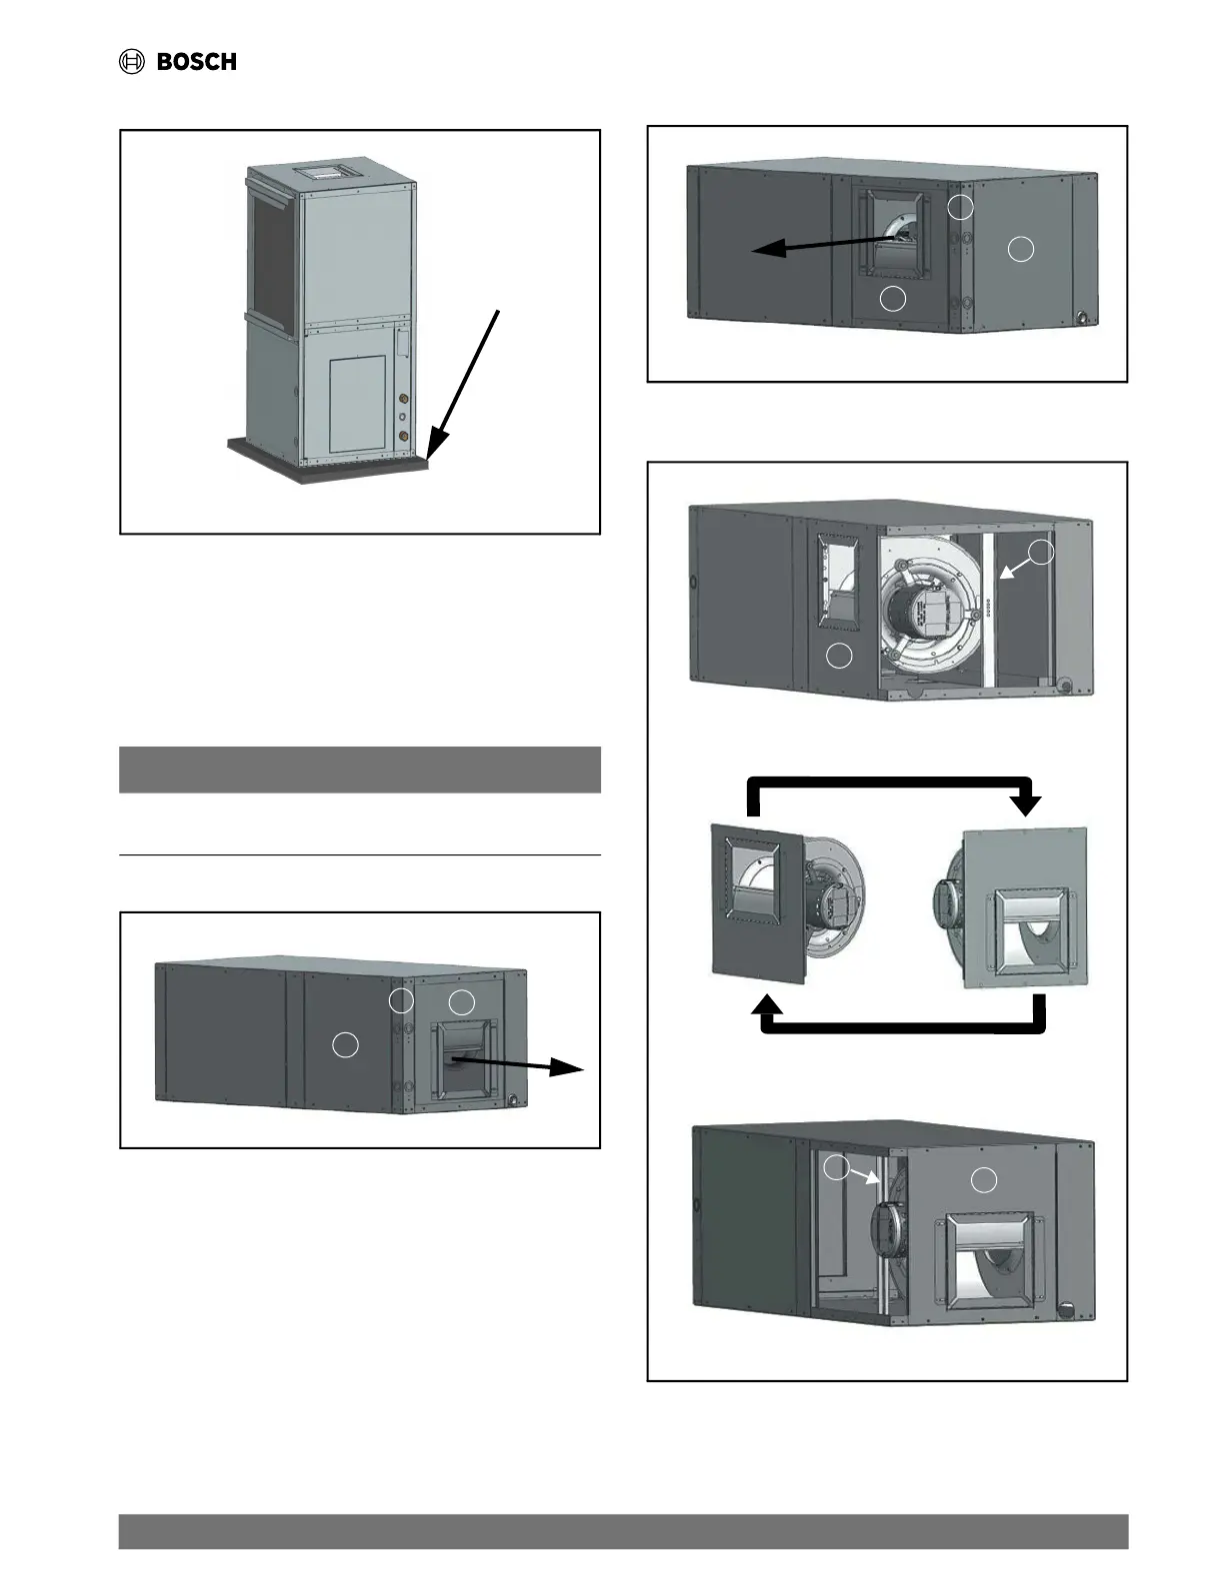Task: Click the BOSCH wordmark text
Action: [x=197, y=62]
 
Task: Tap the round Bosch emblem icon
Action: [x=132, y=62]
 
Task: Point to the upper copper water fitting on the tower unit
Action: [x=402, y=396]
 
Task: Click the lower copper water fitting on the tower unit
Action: [x=402, y=437]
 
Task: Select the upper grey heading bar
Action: [x=360, y=769]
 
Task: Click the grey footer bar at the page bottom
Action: [x=623, y=1531]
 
